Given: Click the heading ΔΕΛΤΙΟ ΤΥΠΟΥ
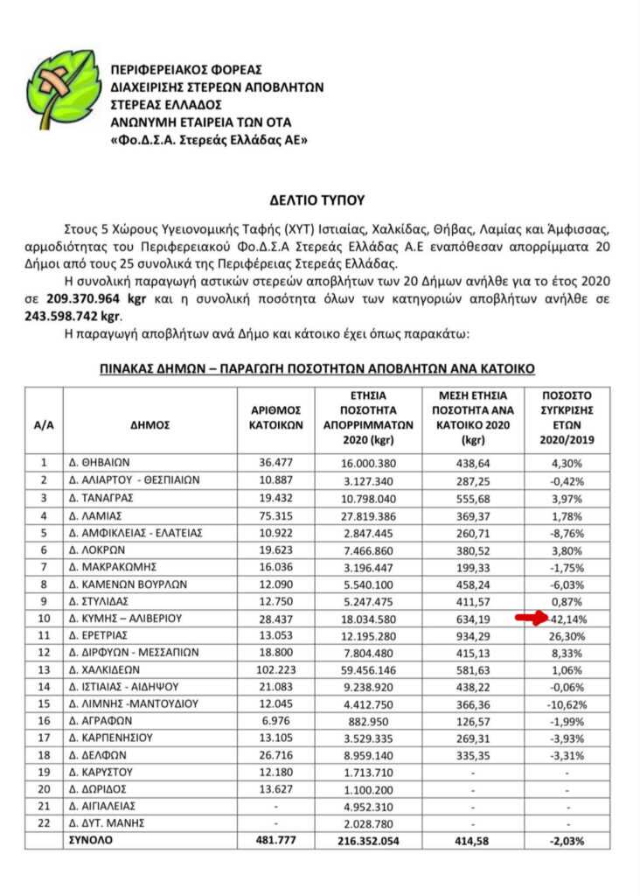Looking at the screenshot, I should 319,199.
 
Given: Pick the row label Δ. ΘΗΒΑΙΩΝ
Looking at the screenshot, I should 102,462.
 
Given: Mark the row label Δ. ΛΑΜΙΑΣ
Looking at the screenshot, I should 95,514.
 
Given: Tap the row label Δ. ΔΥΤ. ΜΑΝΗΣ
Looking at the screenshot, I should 107,823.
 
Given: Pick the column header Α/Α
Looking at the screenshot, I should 43,425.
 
